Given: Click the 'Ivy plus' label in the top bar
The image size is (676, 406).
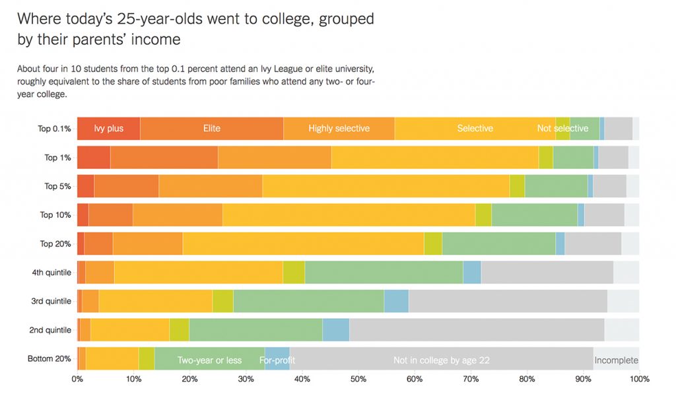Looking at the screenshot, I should click(x=109, y=128).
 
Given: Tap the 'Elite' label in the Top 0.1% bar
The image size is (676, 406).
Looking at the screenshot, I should click(x=212, y=128).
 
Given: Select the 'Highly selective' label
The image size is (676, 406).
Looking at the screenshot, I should click(x=339, y=128).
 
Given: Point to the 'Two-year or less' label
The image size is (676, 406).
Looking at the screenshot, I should click(x=209, y=360).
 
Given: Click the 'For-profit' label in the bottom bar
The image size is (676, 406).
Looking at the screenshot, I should click(x=277, y=360).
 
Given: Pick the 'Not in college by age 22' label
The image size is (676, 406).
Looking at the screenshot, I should click(x=441, y=360).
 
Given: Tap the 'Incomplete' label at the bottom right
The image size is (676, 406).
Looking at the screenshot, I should click(x=616, y=360).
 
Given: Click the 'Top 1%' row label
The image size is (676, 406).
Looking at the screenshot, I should click(x=57, y=157).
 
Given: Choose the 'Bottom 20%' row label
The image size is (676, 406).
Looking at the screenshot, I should click(x=49, y=359).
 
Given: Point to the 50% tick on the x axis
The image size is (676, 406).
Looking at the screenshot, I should click(x=358, y=380).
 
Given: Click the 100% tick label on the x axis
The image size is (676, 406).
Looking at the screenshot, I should click(x=640, y=380).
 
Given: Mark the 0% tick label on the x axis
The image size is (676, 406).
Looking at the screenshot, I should click(x=77, y=380).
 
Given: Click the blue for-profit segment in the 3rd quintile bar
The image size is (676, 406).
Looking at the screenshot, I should click(x=396, y=301).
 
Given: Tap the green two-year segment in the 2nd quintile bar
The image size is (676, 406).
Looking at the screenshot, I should click(x=255, y=330).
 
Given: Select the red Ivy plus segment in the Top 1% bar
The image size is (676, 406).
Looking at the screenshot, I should click(x=93, y=157).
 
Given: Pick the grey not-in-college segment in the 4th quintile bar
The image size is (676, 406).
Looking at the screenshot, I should click(x=547, y=273).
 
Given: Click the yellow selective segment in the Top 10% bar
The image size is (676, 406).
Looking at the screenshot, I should click(x=349, y=215).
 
